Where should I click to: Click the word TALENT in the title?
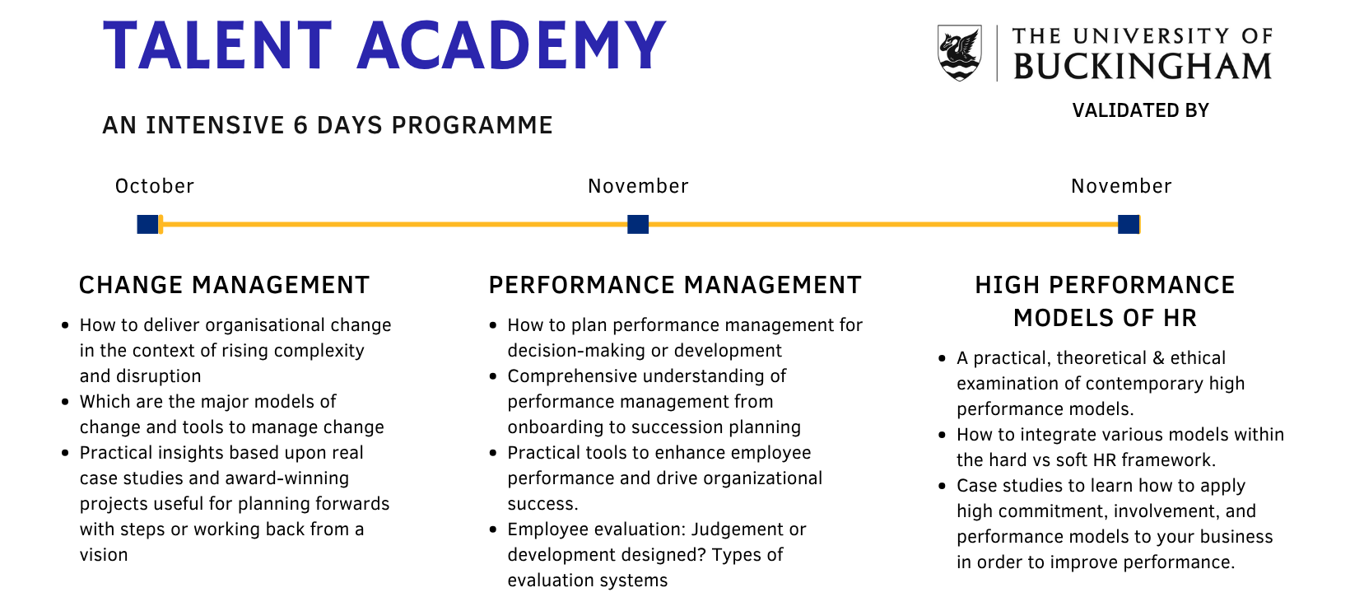click(217, 45)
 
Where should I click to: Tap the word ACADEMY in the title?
click(512, 45)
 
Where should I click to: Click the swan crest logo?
click(960, 53)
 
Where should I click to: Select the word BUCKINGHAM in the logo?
click(1143, 67)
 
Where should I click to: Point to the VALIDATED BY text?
click(1140, 110)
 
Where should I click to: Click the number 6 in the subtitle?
click(300, 125)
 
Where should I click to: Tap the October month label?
click(155, 186)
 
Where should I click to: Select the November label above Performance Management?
click(638, 186)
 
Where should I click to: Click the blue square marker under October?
click(147, 224)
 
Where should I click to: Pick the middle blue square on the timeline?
click(638, 224)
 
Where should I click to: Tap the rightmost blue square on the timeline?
click(1129, 224)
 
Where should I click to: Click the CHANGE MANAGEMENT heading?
click(224, 285)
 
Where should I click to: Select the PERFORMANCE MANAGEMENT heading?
click(675, 285)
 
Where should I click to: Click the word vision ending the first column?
click(104, 554)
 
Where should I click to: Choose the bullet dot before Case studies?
click(942, 486)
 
